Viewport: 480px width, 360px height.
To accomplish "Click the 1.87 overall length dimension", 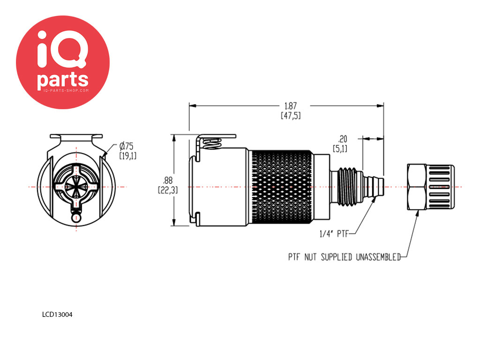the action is (291, 111).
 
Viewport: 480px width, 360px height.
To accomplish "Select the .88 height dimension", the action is (168, 185).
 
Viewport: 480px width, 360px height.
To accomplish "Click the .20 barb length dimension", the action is (340, 143).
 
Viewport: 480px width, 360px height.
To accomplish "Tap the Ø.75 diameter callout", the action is (127, 150).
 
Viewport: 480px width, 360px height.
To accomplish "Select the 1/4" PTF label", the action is (334, 234).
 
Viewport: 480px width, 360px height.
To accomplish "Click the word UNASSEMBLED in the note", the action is (378, 257).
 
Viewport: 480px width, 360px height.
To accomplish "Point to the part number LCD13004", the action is (57, 315).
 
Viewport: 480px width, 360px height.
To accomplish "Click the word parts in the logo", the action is (63, 81).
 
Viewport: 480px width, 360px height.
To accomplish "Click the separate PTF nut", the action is (431, 187).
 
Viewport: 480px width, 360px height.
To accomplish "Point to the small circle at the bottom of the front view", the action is (76, 217).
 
